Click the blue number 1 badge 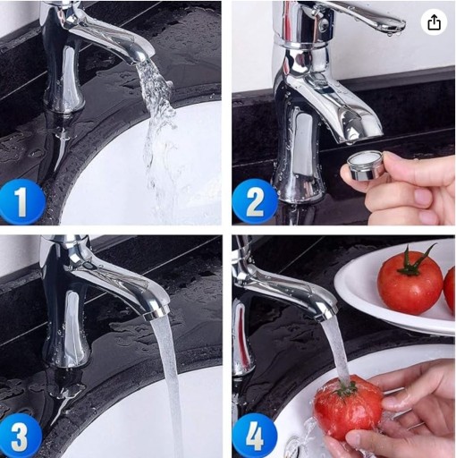pos(21,201)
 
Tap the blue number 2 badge pos(254,201)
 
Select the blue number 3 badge pos(20,436)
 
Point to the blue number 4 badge pos(254,436)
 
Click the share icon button pos(434,22)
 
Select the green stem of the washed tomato pos(346,388)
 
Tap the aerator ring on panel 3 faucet pos(156,314)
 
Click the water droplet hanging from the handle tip pos(390,35)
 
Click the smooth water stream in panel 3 pos(168,385)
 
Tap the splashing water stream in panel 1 pos(158,134)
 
